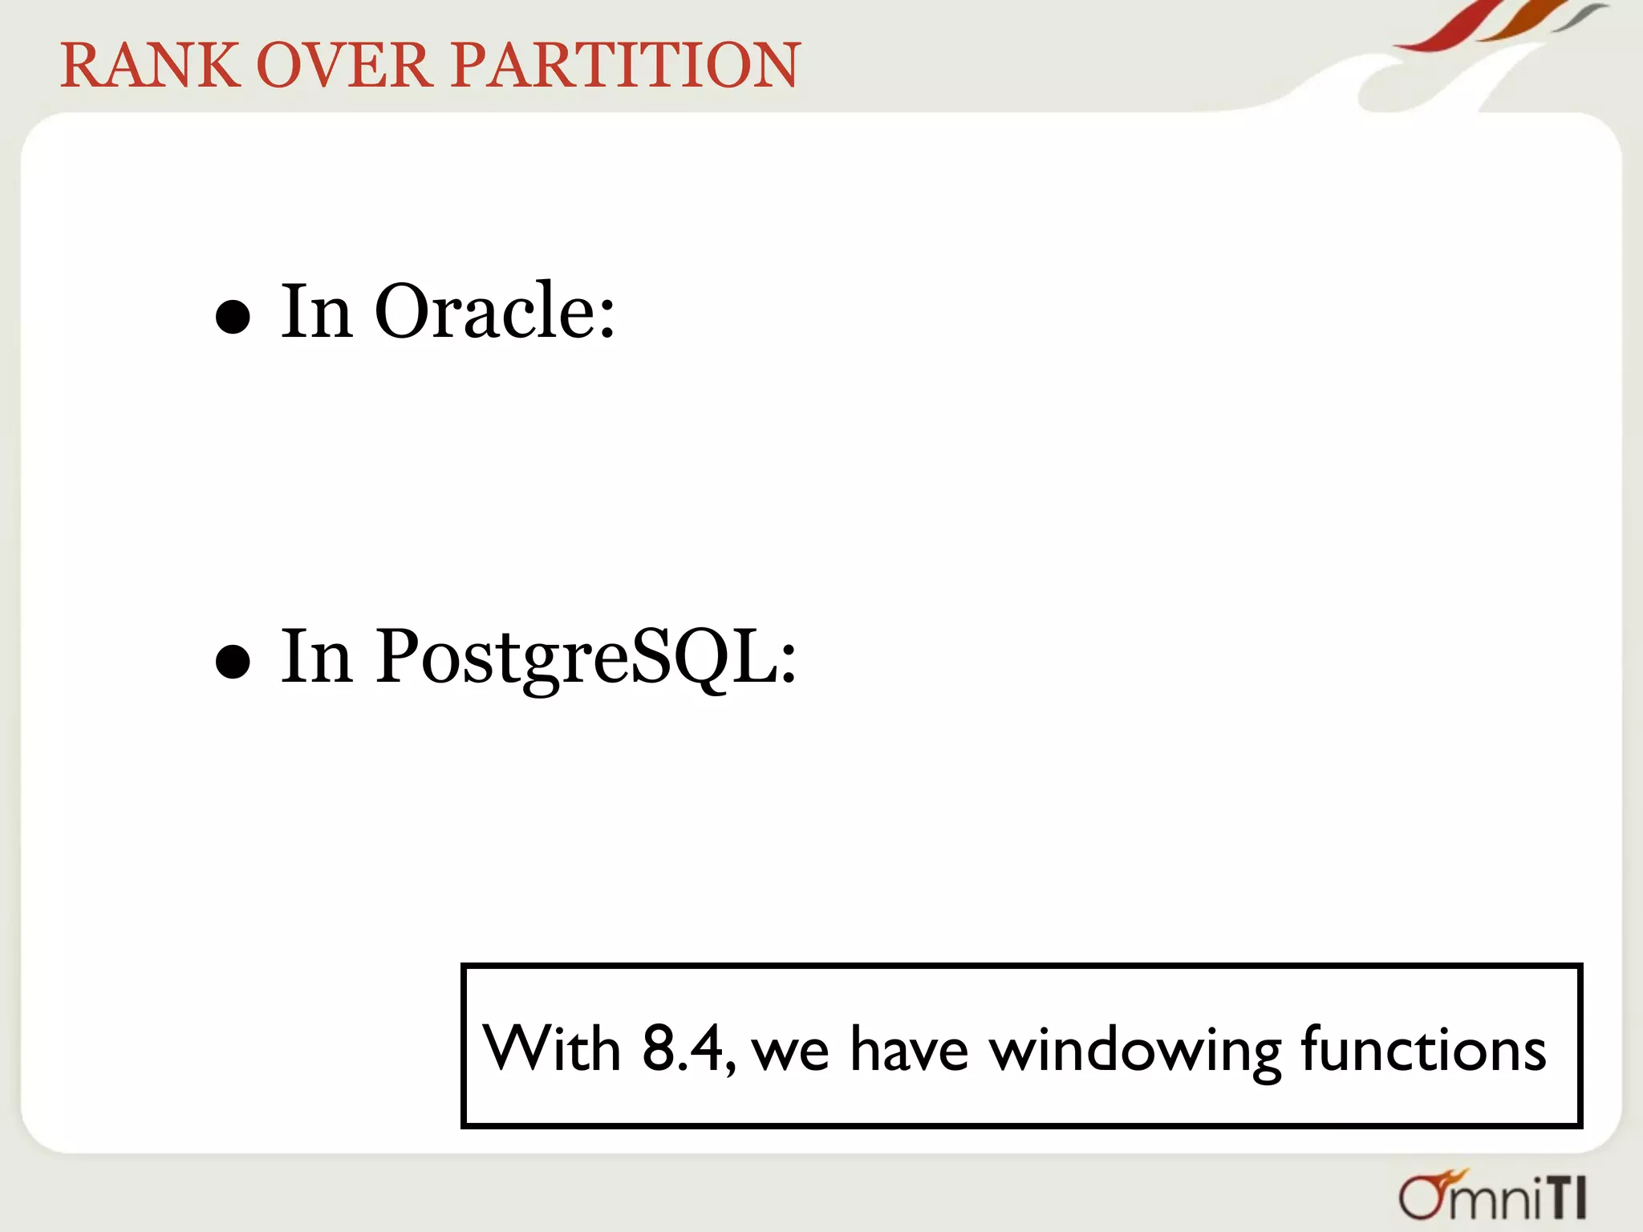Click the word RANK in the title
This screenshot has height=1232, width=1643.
(150, 66)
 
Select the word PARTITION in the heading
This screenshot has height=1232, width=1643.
(626, 66)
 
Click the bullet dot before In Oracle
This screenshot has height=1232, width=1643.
(233, 317)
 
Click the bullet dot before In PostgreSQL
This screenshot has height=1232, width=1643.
(233, 662)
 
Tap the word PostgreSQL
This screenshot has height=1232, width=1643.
(586, 658)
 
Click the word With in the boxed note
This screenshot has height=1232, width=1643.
(552, 1048)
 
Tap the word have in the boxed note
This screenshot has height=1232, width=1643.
(908, 1048)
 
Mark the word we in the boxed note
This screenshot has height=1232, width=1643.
(790, 1052)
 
